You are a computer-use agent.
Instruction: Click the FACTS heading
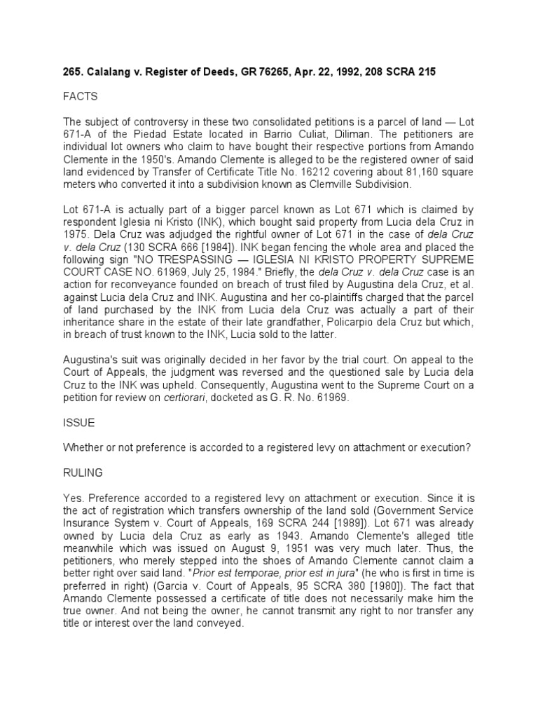(81, 96)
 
